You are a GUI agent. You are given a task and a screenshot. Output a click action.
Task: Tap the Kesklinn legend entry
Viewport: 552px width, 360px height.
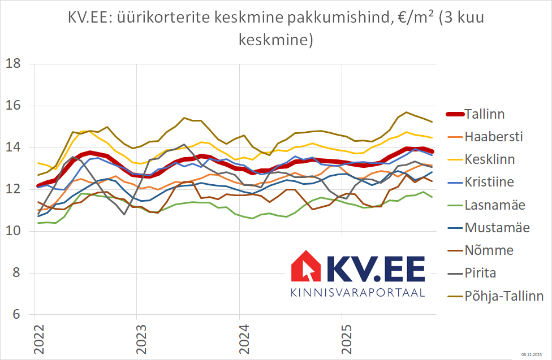click(489, 159)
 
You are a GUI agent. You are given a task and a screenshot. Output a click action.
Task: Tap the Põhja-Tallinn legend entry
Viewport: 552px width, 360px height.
click(504, 296)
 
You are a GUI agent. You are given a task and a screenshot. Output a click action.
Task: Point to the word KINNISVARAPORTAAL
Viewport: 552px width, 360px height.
click(357, 293)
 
